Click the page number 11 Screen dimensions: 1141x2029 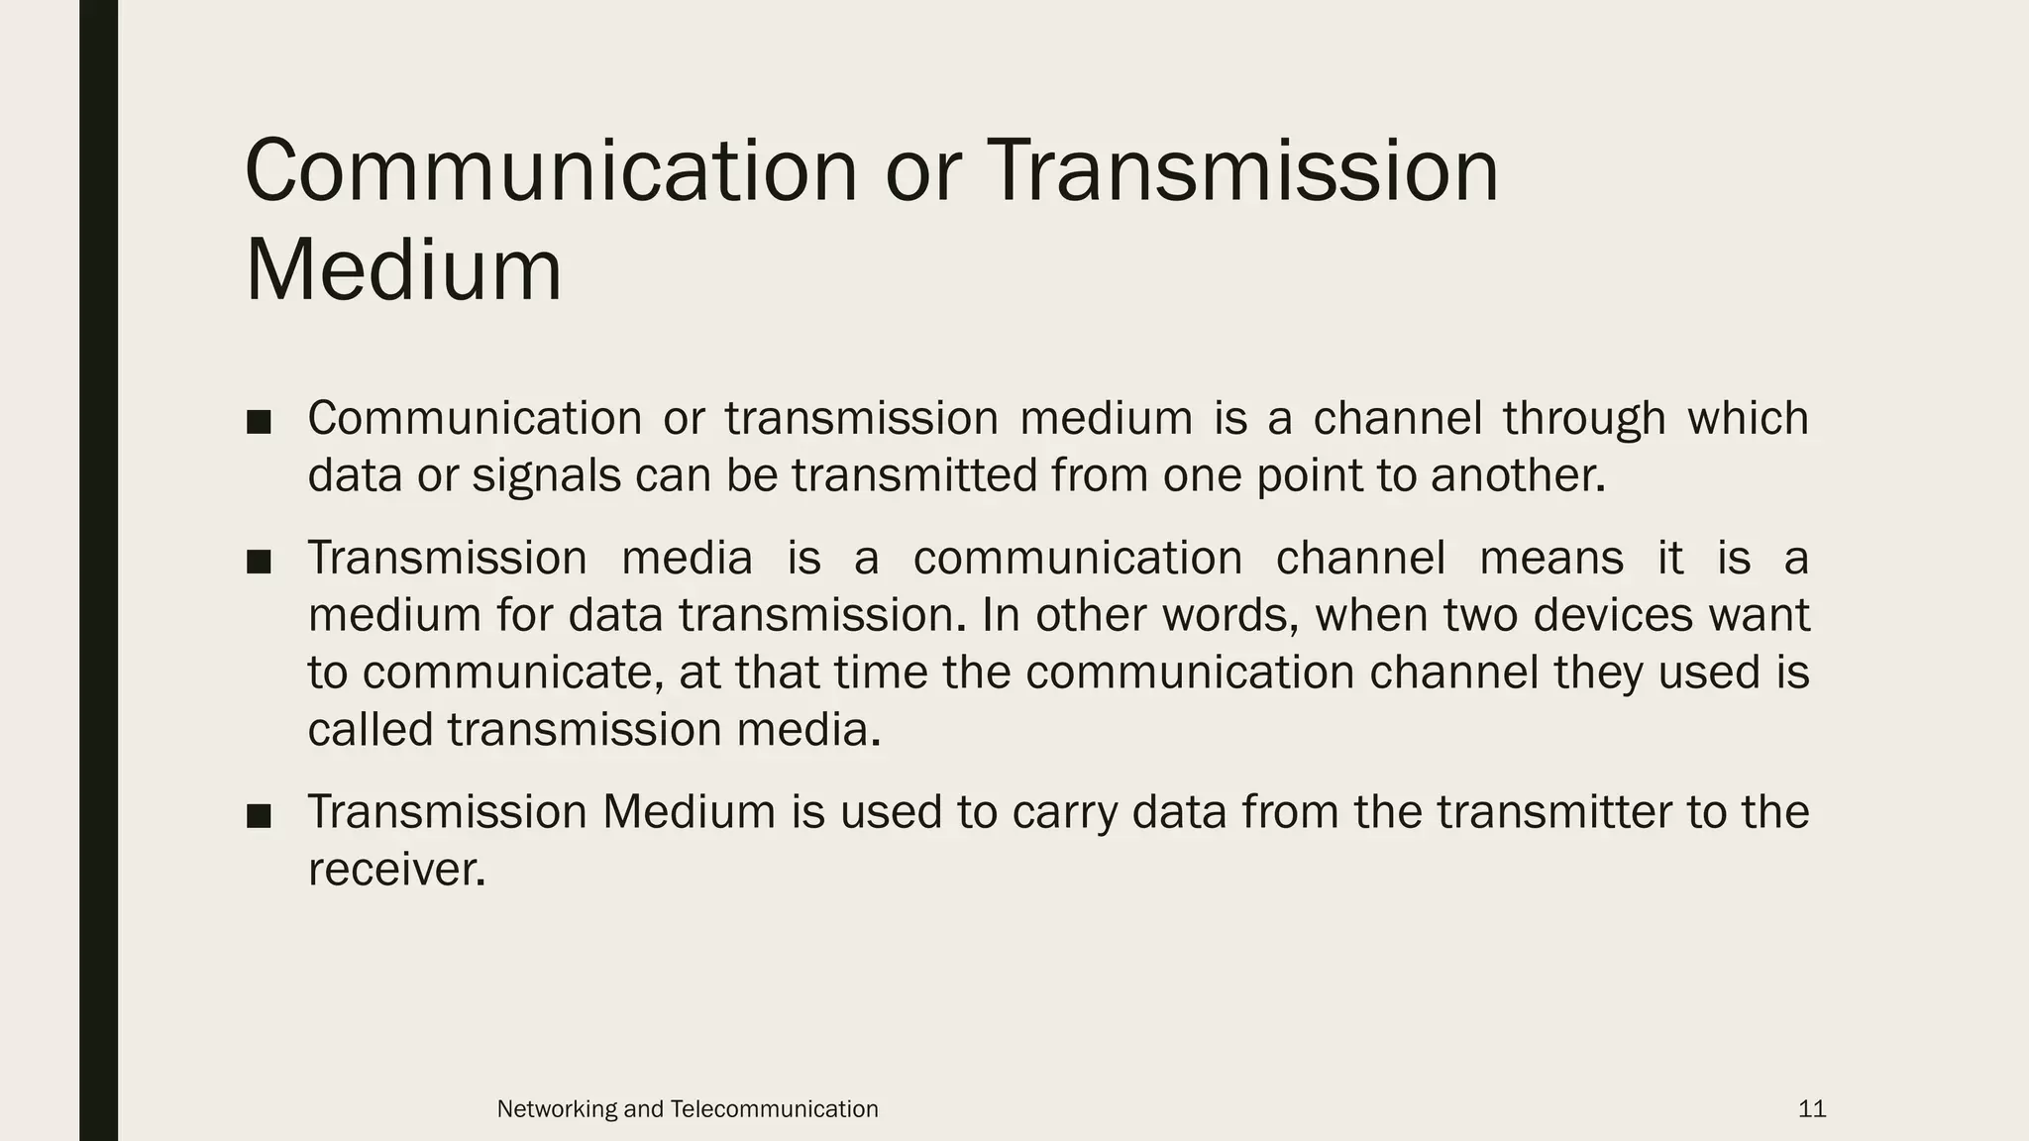point(1812,1109)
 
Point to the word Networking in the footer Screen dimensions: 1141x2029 point(557,1109)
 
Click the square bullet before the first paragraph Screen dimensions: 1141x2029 point(259,422)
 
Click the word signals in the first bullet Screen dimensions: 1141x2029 point(546,475)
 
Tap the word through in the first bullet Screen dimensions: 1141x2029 point(1584,419)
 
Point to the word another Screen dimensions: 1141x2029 point(1517,475)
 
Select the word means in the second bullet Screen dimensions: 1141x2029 point(1551,559)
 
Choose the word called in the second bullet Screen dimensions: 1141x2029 point(371,730)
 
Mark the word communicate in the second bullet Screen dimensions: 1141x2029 point(512,674)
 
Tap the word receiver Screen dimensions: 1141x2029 point(396,870)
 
